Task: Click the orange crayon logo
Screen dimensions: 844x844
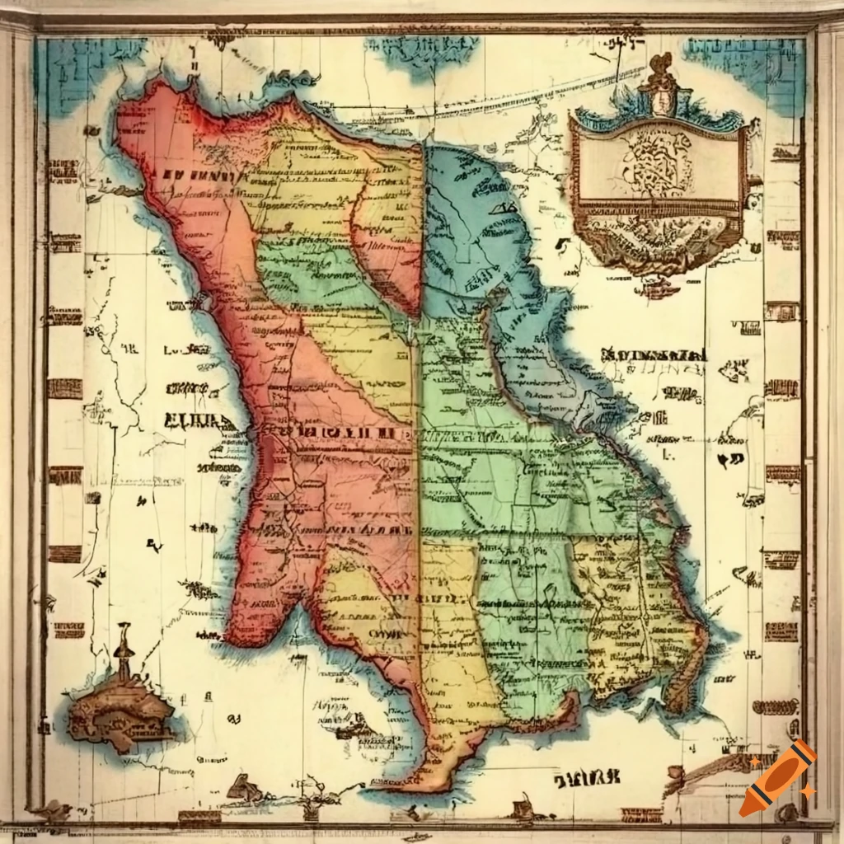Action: [x=778, y=778]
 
